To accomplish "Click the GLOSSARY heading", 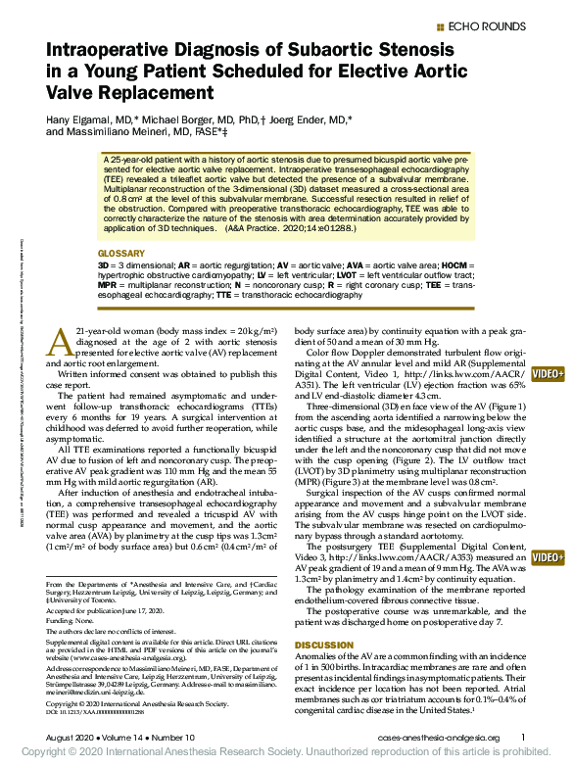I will tap(121, 254).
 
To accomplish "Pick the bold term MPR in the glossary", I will tap(110, 284).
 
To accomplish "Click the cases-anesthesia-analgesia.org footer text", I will tap(438, 738).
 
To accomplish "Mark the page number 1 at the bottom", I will tap(523, 738).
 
